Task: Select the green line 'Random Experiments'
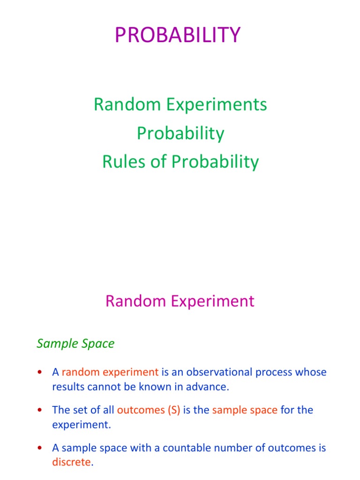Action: click(180, 104)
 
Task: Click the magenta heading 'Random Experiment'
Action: click(180, 301)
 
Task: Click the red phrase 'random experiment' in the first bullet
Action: click(110, 372)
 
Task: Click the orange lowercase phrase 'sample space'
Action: click(245, 410)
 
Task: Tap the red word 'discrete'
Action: click(71, 462)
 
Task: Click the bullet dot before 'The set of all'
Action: click(41, 411)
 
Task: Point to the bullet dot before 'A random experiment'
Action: click(41, 373)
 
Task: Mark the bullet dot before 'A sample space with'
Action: click(41, 448)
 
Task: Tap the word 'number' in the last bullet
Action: click(231, 448)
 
